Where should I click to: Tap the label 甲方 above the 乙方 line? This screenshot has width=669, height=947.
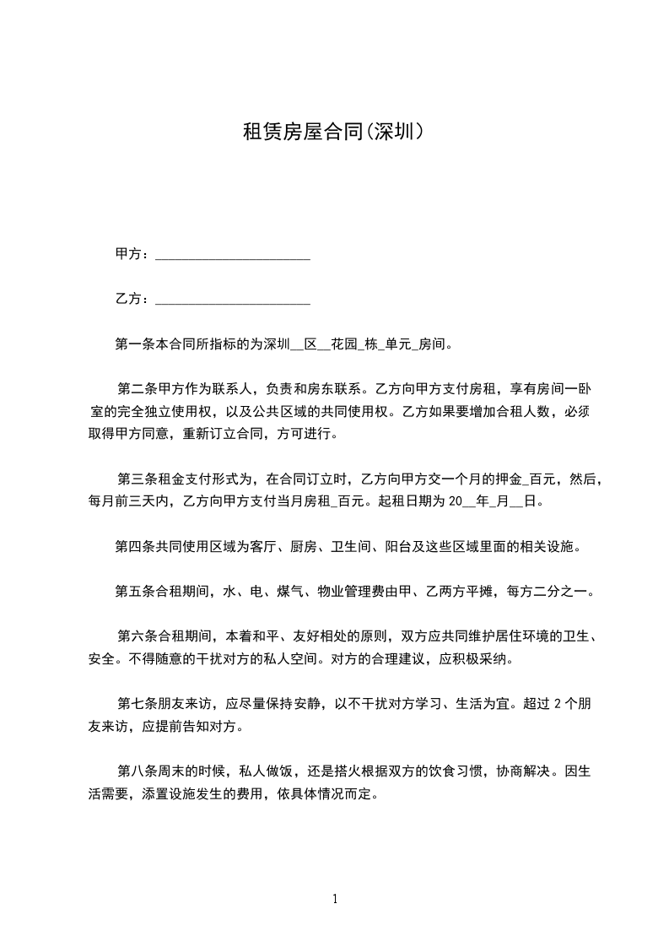click(x=128, y=253)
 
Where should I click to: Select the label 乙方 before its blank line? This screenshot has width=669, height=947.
click(x=128, y=298)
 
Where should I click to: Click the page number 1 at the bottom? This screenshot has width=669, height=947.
click(x=335, y=899)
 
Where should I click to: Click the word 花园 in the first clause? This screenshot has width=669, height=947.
click(x=342, y=344)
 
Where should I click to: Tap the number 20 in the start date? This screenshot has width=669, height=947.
click(x=456, y=501)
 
